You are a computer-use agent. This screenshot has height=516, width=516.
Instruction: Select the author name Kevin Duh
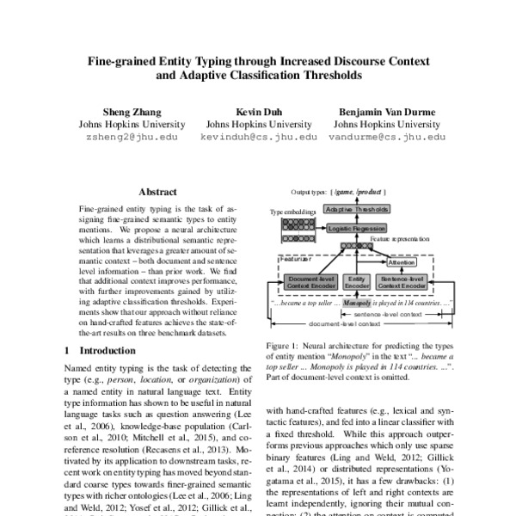[x=258, y=112]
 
